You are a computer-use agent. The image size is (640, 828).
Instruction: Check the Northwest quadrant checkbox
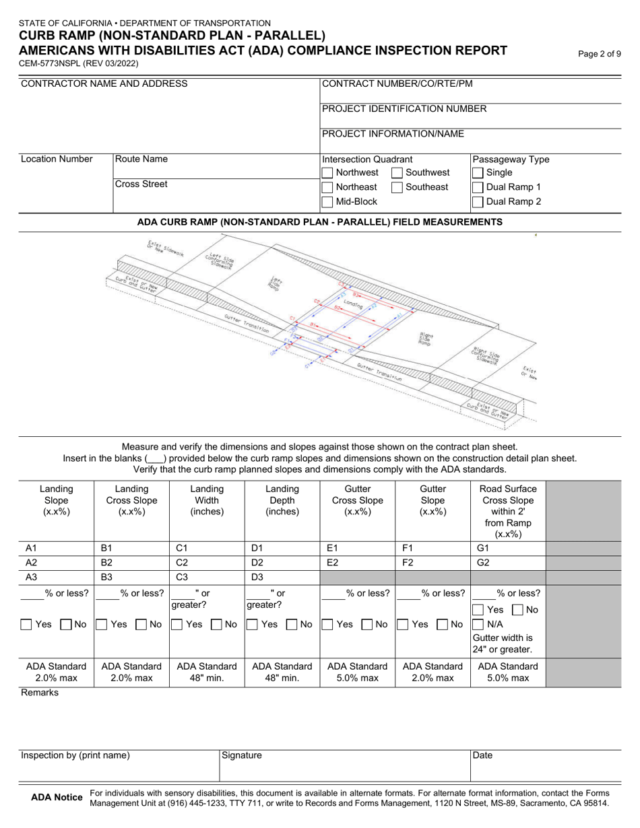(x=327, y=173)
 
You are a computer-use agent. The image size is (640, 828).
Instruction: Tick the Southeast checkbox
(x=397, y=187)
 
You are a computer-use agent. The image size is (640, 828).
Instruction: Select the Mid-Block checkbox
(x=327, y=201)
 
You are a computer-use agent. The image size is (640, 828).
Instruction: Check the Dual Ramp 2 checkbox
(x=478, y=201)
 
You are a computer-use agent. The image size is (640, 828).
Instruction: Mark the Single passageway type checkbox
(x=478, y=173)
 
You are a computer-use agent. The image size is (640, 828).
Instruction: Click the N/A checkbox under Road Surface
(x=478, y=624)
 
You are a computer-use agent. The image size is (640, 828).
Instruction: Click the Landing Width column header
(x=205, y=500)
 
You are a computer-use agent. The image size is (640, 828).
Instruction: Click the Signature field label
(x=242, y=756)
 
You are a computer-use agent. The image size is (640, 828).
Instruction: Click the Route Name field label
(x=141, y=160)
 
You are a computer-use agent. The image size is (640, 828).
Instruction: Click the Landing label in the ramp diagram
(x=352, y=304)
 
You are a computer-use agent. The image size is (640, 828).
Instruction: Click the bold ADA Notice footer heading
(x=57, y=798)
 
